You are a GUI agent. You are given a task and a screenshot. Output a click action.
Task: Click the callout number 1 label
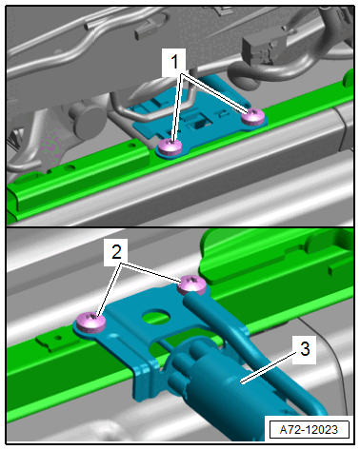174,62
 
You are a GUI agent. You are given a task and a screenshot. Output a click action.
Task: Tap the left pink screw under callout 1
170,147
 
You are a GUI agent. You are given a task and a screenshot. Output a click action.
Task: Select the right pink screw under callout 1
252,117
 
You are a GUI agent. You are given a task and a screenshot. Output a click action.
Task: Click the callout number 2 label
116,253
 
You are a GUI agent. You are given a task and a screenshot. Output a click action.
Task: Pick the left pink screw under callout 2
91,323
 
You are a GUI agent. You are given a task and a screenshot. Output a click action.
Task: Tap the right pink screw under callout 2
191,284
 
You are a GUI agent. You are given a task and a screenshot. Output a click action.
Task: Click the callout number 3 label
305,349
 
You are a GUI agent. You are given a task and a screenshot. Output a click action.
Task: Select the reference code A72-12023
309,430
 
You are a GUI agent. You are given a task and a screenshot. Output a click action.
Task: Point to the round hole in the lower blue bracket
156,316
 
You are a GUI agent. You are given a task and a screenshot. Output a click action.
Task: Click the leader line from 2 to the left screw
110,289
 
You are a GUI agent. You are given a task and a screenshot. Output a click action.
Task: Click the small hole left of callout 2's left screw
57,338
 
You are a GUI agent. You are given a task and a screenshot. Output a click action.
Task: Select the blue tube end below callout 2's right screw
192,298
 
